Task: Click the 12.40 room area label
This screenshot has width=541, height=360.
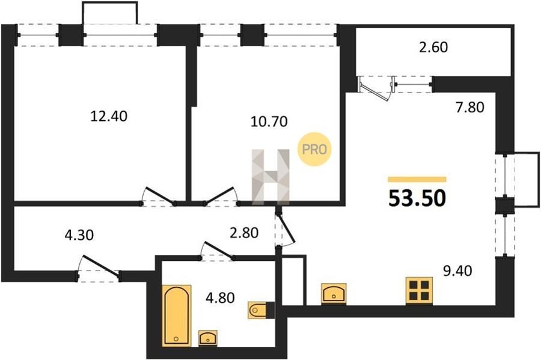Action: tap(109, 116)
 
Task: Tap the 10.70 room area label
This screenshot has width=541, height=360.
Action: tap(269, 121)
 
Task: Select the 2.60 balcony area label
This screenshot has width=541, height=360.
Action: tap(433, 47)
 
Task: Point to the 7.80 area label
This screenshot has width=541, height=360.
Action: tap(469, 107)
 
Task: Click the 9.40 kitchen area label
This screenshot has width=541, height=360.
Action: tap(457, 270)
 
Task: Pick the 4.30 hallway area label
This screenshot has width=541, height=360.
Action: tap(79, 235)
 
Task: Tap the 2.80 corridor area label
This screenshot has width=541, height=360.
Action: tap(244, 233)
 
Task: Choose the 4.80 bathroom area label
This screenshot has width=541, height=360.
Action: tap(220, 297)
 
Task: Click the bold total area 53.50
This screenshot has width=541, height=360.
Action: tap(417, 198)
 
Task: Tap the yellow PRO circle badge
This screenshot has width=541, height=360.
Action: tap(314, 149)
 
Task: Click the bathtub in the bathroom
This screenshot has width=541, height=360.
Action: tap(176, 316)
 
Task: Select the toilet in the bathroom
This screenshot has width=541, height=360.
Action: tap(257, 310)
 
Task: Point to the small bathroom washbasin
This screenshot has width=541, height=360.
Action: tap(208, 338)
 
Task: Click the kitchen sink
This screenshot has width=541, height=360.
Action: tap(334, 293)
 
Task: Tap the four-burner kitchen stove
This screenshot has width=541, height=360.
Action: tap(419, 290)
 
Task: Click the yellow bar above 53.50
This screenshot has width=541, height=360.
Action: tap(417, 179)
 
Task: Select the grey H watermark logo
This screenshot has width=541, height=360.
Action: tap(271, 177)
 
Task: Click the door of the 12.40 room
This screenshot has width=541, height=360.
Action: tap(158, 196)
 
